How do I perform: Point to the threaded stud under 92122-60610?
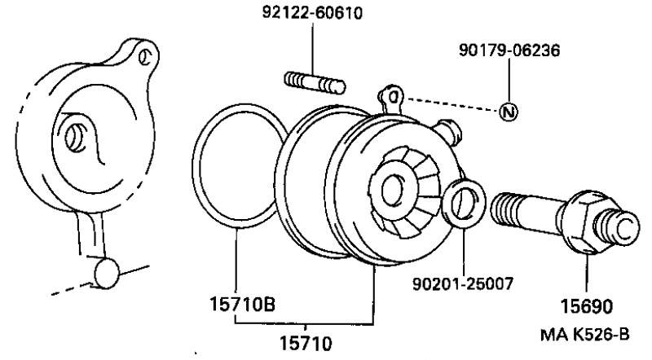click(x=315, y=81)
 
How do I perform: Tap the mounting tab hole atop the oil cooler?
click(x=393, y=97)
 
